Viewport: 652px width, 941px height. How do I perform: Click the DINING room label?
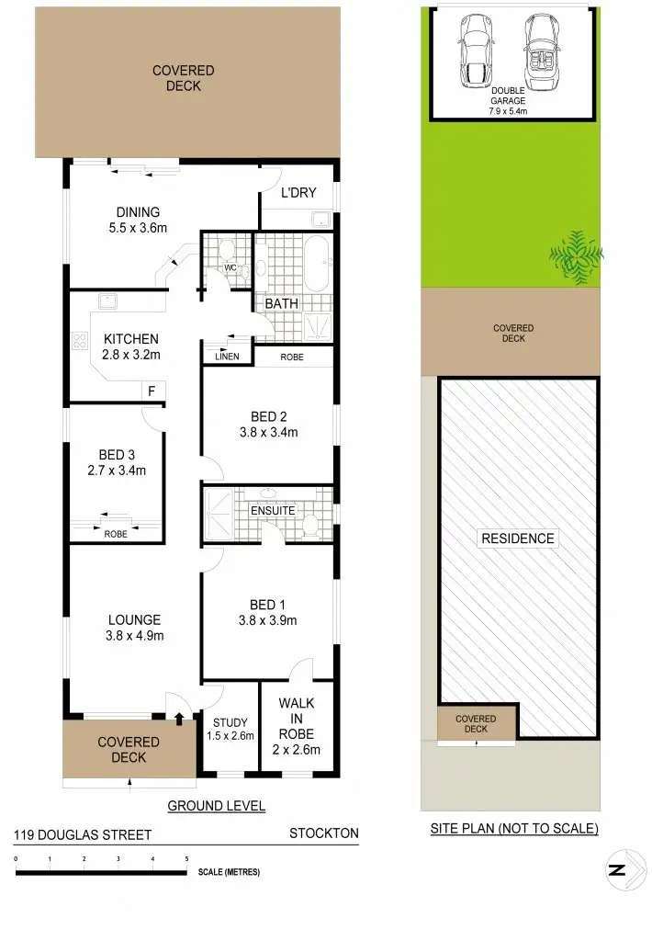(138, 212)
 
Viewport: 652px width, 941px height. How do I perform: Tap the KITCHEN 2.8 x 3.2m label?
(131, 346)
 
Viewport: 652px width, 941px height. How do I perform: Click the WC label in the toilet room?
(231, 267)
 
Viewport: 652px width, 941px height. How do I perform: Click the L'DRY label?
(298, 193)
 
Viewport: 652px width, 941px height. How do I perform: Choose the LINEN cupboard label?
(227, 356)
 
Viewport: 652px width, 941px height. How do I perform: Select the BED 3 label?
(118, 454)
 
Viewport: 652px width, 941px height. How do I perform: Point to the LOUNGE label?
(134, 619)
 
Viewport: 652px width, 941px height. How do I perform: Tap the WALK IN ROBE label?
(297, 719)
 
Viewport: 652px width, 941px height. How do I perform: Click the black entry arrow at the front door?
(179, 717)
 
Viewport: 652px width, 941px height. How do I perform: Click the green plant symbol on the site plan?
(575, 255)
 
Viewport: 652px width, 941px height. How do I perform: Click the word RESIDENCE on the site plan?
(517, 539)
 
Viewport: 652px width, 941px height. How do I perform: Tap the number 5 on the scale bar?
(187, 858)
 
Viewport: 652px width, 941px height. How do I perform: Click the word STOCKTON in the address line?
(323, 833)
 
